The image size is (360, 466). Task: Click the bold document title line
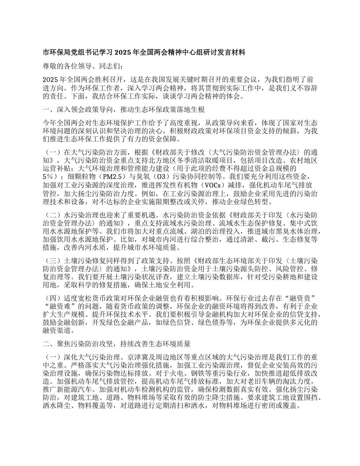(x=144, y=53)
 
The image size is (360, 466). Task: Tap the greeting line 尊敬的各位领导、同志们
(x=83, y=66)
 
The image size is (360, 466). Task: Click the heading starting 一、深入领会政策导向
(x=124, y=110)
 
